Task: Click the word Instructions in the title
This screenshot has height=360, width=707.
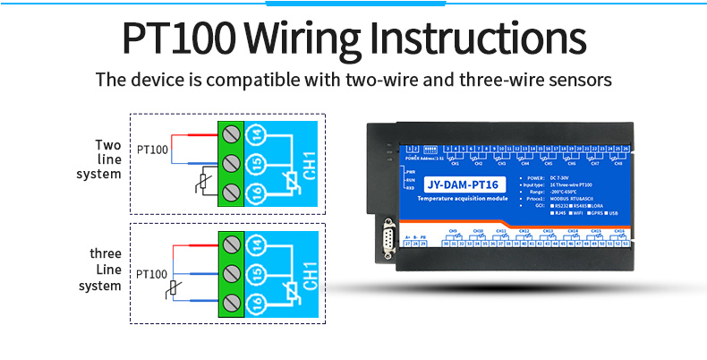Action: coord(478,40)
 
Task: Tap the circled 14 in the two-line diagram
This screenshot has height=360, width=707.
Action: coord(256,134)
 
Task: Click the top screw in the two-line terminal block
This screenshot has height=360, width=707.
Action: coord(231,134)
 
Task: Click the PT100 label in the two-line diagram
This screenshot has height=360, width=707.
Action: coord(152,149)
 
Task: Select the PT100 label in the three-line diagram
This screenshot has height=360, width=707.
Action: coord(152,271)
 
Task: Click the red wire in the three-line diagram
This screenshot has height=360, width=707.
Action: coord(196,244)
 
